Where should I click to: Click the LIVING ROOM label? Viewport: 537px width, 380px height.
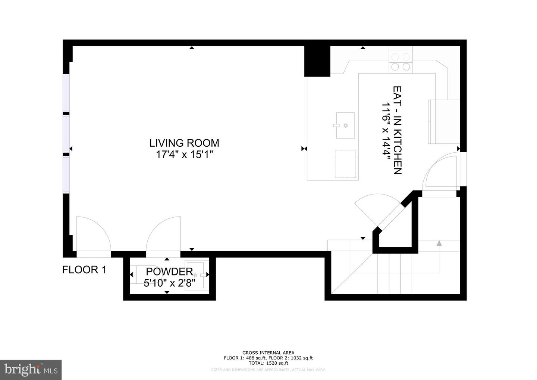(184, 143)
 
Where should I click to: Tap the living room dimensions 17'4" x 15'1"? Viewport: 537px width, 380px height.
(184, 155)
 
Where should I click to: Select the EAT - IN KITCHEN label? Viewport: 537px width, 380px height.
(398, 130)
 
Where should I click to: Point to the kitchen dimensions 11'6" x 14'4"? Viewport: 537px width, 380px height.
(386, 130)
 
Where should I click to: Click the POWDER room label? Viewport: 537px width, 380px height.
(169, 272)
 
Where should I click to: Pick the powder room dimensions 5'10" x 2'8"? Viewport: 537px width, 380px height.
(169, 283)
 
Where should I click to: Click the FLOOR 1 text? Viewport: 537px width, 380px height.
(84, 270)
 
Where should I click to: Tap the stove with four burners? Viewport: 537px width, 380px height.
(401, 62)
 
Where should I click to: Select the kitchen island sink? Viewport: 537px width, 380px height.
(345, 125)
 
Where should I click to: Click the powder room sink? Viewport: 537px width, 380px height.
(197, 275)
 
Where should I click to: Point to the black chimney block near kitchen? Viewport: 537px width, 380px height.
(317, 61)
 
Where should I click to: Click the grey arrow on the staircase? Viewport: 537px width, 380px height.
(439, 243)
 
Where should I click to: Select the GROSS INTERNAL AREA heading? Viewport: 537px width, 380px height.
(268, 353)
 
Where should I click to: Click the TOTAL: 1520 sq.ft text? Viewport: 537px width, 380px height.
(268, 363)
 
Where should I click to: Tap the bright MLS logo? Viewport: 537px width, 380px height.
(31, 370)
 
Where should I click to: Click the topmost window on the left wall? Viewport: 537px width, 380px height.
(66, 93)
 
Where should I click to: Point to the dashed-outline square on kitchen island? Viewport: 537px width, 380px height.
(345, 163)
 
